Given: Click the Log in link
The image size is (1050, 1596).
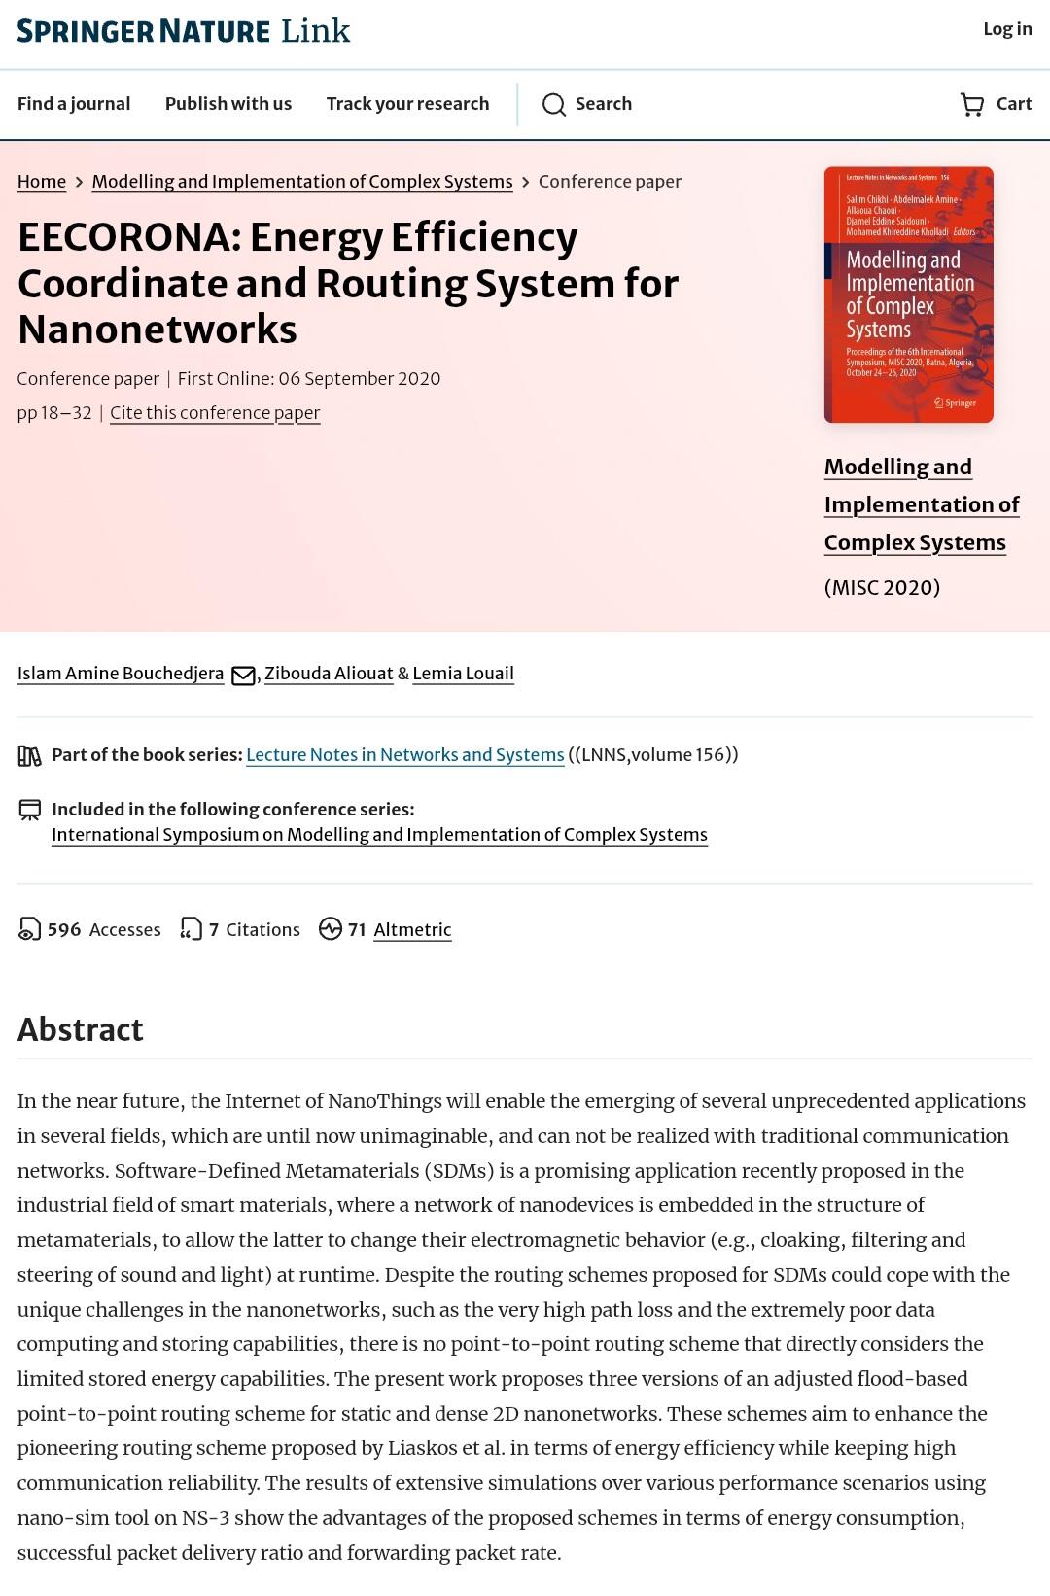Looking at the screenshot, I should click(x=1006, y=29).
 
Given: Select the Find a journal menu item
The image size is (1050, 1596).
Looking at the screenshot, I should click(x=74, y=104).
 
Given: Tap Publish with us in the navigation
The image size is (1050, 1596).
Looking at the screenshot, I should click(x=228, y=104).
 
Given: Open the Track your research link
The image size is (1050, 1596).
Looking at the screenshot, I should click(x=407, y=104).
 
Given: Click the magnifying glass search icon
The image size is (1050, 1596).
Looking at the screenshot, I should click(x=554, y=105).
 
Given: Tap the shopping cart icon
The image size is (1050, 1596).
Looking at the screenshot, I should click(x=971, y=105).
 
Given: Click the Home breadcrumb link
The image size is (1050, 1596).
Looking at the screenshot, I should click(x=42, y=182).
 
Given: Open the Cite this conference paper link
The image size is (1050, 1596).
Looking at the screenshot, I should click(x=215, y=413).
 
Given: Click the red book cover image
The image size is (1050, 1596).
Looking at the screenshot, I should click(x=908, y=295).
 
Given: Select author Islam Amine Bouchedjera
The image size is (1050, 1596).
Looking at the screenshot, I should click(x=121, y=674).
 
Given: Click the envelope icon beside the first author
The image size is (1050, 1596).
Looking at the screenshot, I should click(x=243, y=676).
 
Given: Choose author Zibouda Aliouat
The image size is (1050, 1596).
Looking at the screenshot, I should click(x=329, y=674).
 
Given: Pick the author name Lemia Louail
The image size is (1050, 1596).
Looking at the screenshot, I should click(x=463, y=674).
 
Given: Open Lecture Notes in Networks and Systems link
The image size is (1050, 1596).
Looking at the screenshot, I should click(x=404, y=755).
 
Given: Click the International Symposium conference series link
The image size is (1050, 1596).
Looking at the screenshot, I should click(x=379, y=835).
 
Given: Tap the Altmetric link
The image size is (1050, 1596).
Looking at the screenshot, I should click(x=412, y=930).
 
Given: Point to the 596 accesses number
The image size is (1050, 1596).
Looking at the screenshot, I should click(x=64, y=930).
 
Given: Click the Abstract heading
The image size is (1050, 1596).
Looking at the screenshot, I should click(x=81, y=1029).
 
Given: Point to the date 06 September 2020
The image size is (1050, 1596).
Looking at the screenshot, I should click(x=359, y=379).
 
